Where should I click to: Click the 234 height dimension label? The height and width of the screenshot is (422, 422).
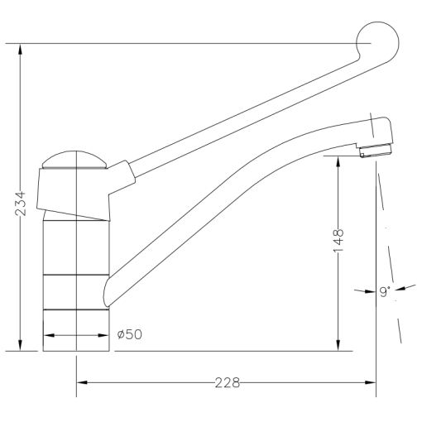pos(20,202)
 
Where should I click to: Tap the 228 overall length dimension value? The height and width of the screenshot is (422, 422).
pos(227,383)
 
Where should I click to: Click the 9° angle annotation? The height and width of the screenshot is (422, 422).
pos(383,290)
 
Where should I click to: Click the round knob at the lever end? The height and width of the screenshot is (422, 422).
pos(376,41)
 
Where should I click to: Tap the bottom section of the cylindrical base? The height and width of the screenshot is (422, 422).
pos(76,329)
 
